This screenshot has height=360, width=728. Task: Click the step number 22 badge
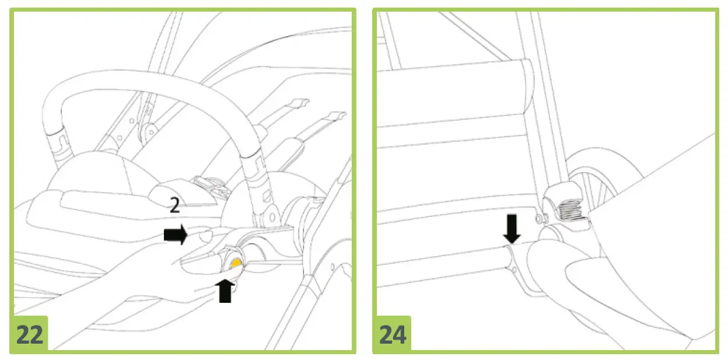click(x=29, y=334)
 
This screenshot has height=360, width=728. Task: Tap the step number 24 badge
click(x=392, y=334)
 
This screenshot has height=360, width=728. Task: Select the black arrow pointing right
click(x=176, y=236)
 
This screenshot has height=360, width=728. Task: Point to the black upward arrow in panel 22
click(x=225, y=290)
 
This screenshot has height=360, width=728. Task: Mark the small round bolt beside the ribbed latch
click(x=537, y=218)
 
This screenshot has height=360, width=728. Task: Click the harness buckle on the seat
click(x=209, y=186)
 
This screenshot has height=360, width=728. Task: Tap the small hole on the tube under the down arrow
click(x=515, y=269)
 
